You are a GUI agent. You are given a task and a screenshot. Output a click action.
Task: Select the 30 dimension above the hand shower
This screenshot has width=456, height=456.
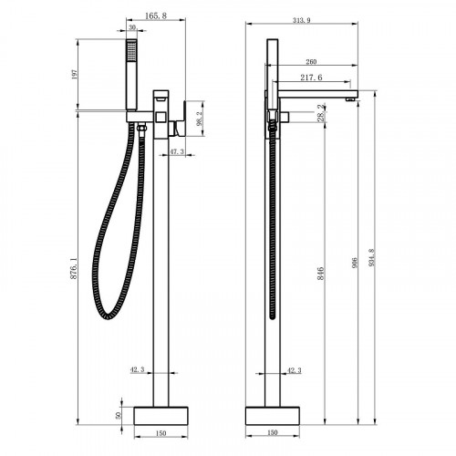click(x=134, y=27)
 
